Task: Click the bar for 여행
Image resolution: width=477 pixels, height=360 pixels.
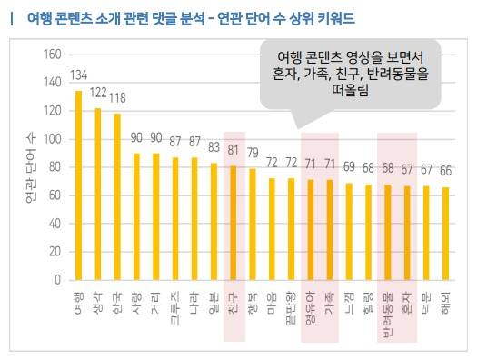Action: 78,185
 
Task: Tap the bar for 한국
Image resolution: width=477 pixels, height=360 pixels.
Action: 117,196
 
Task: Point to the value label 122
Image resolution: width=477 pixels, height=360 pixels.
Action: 98,94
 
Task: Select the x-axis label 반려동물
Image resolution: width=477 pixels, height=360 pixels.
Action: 386,307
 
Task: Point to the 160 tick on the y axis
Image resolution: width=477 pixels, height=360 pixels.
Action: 50,55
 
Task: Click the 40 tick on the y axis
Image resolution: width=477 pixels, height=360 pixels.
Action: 53,224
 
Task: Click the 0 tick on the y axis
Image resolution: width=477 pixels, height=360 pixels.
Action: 56,280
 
